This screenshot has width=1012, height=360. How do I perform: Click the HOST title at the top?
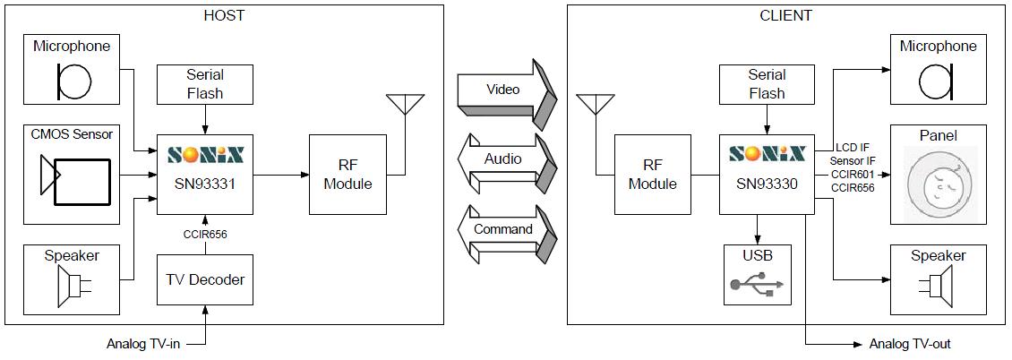tap(223, 15)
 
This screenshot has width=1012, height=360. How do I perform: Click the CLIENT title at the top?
tap(785, 15)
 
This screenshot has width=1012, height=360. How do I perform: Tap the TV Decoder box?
tap(205, 279)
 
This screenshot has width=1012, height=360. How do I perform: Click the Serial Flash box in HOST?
tap(205, 84)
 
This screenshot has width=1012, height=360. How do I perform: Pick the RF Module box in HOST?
tap(347, 175)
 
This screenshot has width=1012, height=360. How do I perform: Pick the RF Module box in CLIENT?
tap(653, 175)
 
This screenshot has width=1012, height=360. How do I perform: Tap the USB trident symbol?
tap(757, 285)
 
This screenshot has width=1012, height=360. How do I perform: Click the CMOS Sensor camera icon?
tap(75, 182)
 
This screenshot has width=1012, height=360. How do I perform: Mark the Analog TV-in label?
tap(143, 344)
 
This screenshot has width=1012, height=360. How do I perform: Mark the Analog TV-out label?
tap(909, 344)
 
